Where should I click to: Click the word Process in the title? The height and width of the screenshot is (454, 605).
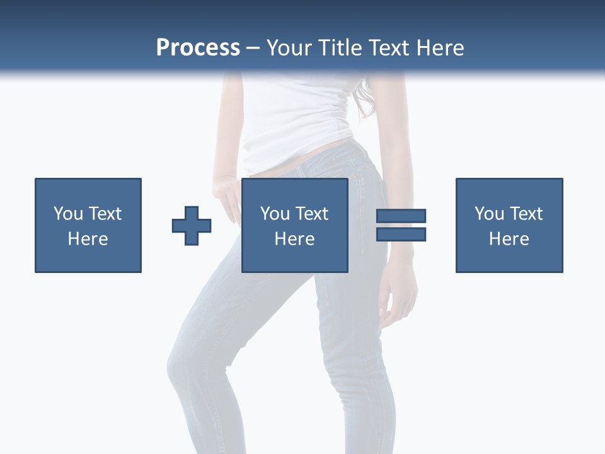tap(198, 48)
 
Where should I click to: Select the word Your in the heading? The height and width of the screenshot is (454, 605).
tap(290, 48)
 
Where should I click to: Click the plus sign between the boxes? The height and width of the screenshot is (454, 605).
tap(192, 226)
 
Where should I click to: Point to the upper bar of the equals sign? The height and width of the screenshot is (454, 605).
tap(401, 216)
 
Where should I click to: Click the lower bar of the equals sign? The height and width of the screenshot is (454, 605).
tap(401, 234)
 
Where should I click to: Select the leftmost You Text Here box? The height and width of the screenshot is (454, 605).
tap(88, 225)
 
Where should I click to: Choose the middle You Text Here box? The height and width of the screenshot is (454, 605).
tap(295, 225)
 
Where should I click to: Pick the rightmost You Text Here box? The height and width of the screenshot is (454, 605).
tap(509, 225)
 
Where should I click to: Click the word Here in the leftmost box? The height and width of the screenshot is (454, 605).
tap(88, 239)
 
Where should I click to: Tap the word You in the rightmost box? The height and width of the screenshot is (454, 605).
tap(489, 214)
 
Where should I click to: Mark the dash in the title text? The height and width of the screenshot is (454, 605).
tap(253, 48)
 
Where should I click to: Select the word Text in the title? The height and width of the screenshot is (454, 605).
tap(389, 48)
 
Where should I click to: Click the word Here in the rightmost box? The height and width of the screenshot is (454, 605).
tap(509, 239)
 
